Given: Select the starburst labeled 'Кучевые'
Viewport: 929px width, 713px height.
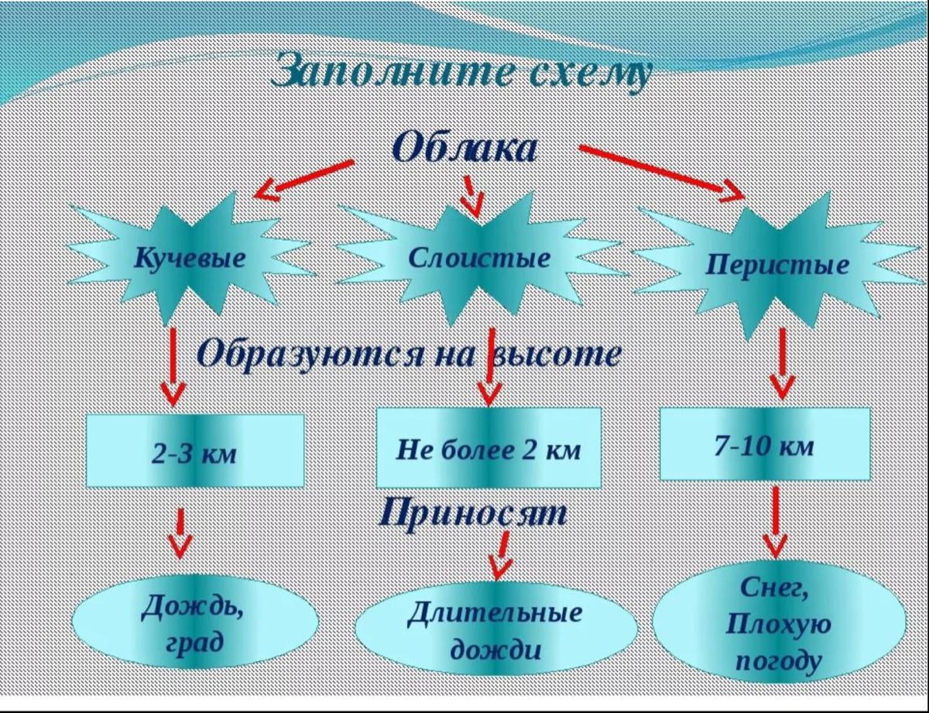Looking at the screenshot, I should tap(190, 259).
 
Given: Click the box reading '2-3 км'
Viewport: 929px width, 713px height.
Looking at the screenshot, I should tap(194, 451).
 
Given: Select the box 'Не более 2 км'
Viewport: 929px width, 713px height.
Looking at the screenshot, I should tap(488, 448).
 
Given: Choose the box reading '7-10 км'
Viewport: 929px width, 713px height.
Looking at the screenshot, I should tap(764, 446).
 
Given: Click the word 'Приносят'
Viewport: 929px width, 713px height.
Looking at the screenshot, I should tap(474, 513).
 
